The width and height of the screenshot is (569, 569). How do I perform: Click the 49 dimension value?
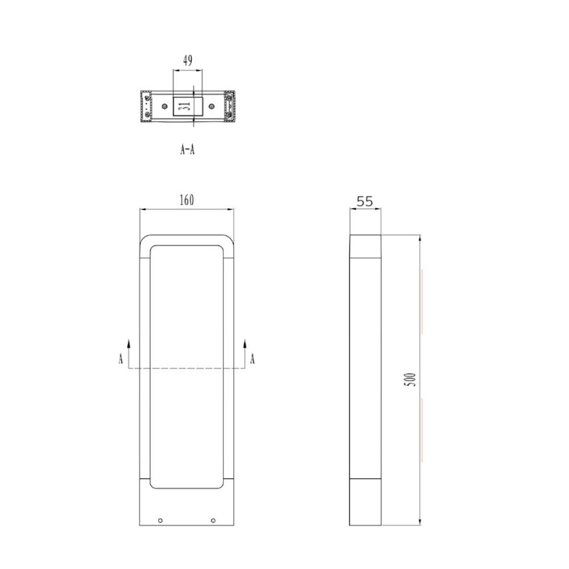click(x=188, y=60)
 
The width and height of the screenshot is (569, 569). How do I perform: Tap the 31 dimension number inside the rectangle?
click(x=186, y=106)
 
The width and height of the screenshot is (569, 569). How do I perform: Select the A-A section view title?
click(x=187, y=149)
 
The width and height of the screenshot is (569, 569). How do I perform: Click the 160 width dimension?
click(x=187, y=200)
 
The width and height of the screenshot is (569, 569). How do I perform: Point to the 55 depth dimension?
click(x=365, y=201)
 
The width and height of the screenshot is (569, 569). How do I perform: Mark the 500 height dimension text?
click(x=410, y=380)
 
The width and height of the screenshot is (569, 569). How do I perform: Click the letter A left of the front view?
click(x=121, y=358)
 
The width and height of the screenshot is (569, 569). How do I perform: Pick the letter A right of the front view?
click(x=253, y=358)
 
